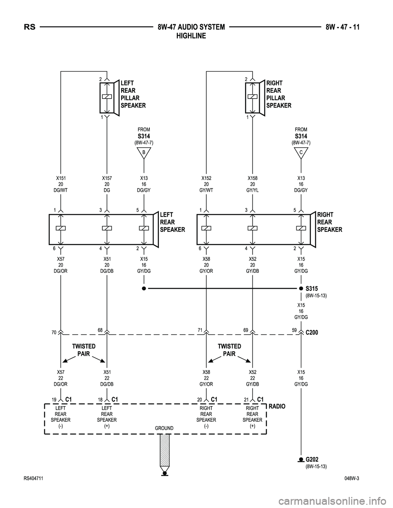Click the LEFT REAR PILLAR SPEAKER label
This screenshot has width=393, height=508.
(x=133, y=94)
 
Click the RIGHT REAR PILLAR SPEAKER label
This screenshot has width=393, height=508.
(x=278, y=94)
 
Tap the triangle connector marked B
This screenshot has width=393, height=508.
(x=144, y=153)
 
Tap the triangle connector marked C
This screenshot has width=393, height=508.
(x=301, y=153)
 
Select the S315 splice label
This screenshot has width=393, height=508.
(x=312, y=288)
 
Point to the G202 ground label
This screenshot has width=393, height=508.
(x=312, y=459)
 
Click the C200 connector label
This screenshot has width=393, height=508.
(x=312, y=333)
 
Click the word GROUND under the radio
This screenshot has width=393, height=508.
(x=164, y=428)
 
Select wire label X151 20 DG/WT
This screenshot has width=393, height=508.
(x=61, y=184)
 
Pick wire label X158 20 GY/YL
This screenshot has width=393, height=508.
(x=253, y=184)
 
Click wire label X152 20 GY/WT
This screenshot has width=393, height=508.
(x=206, y=184)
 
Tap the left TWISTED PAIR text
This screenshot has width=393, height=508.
(x=84, y=350)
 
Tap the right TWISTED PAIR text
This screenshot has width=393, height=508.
(x=229, y=350)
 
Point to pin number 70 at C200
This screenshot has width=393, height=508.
(x=54, y=333)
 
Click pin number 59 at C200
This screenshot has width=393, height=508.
(x=294, y=330)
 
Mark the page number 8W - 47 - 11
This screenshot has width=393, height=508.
(x=345, y=27)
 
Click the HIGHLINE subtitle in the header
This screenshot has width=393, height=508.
(x=191, y=36)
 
